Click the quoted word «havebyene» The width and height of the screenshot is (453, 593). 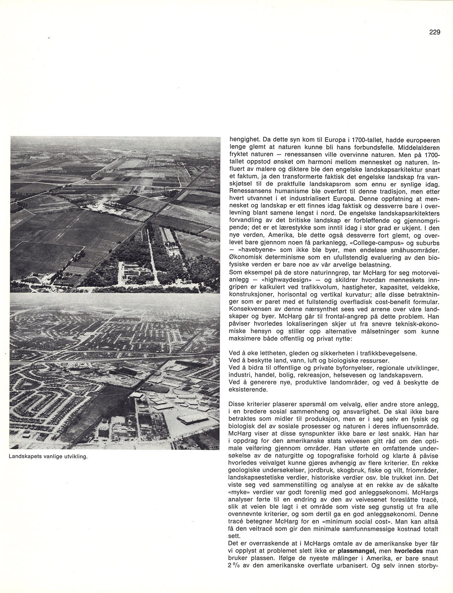pos(254,250)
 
